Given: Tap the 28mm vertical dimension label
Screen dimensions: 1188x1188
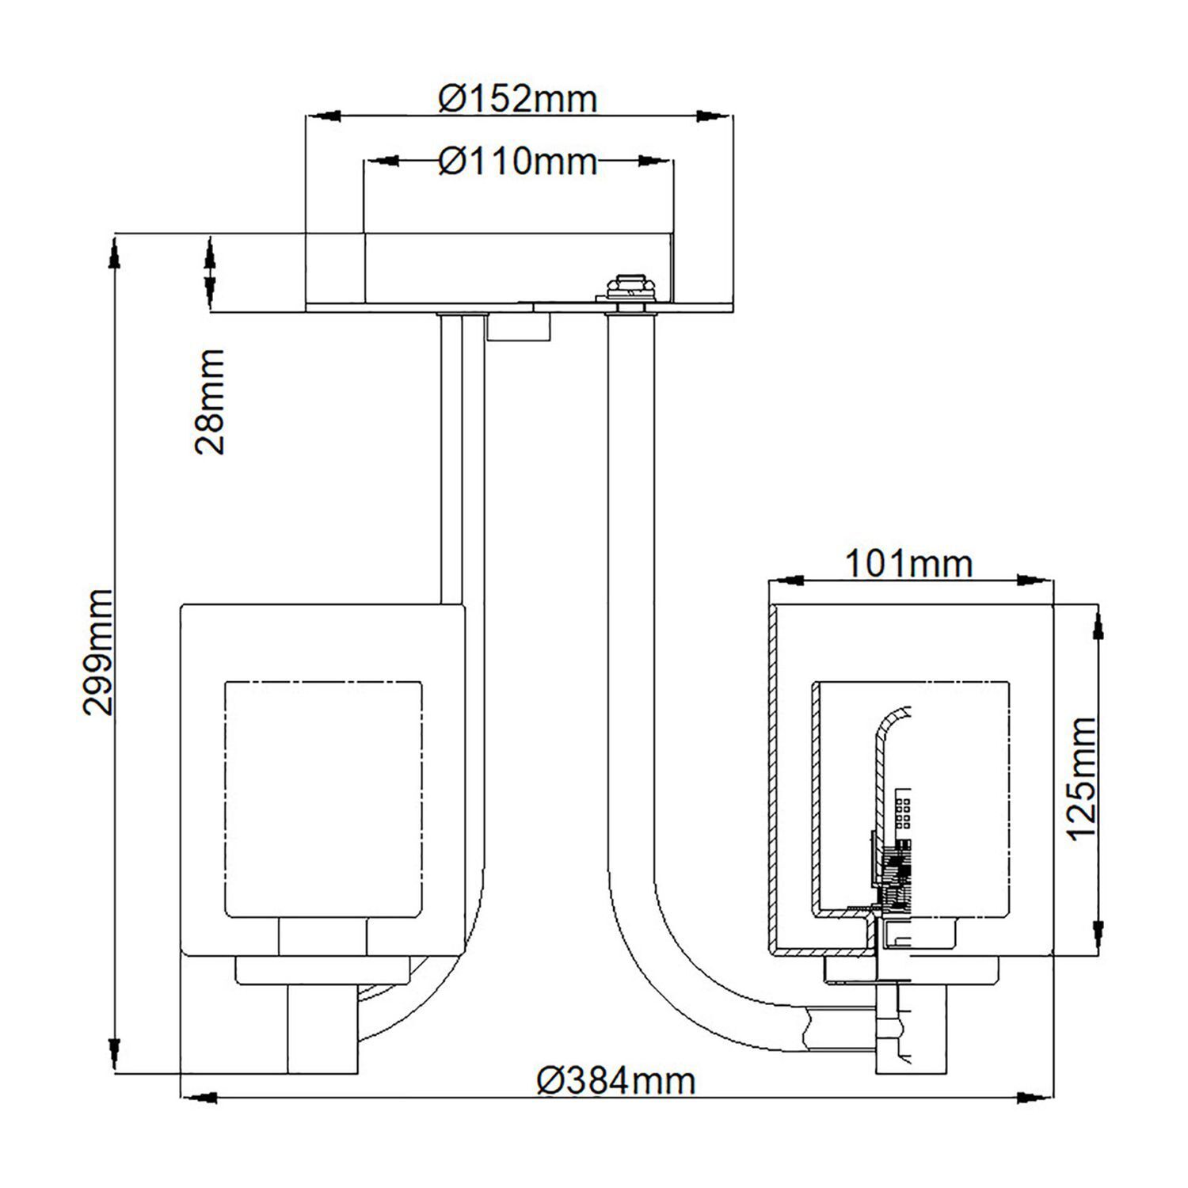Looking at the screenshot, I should tap(211, 401).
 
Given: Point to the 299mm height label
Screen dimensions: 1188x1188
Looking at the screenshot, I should tap(100, 652).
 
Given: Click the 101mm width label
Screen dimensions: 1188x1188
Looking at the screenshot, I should tap(908, 564).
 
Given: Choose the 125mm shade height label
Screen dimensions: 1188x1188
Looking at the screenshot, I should tap(1080, 778).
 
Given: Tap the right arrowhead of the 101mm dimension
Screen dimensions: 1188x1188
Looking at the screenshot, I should tap(1038, 581).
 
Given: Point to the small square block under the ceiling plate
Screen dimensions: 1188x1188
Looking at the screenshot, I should tap(519, 326).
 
